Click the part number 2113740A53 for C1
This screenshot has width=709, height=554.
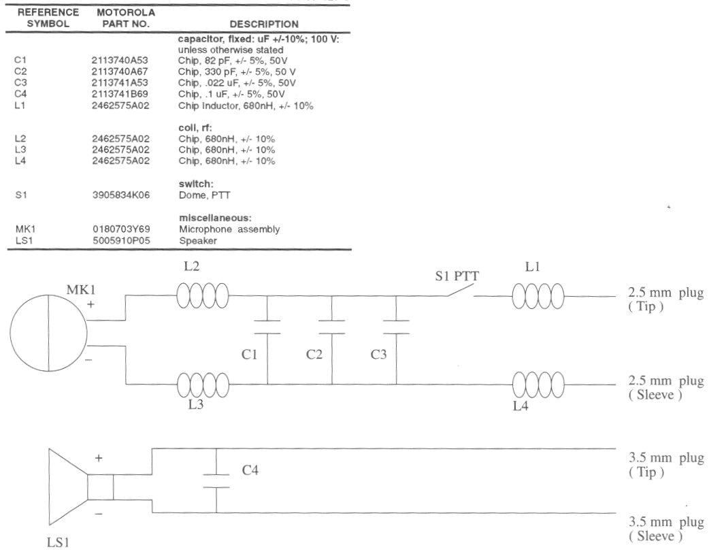[x=120, y=60]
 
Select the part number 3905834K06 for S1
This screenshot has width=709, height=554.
[x=120, y=195]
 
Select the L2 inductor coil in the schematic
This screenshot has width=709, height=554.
[x=202, y=296]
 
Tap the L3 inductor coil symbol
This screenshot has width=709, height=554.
[x=202, y=385]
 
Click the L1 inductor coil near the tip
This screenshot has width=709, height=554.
[x=538, y=296]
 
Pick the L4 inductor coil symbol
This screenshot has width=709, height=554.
[x=538, y=384]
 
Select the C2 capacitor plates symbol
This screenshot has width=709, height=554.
[x=332, y=326]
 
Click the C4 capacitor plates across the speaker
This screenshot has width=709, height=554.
[x=216, y=480]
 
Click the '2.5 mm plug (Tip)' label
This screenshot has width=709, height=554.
[x=664, y=299]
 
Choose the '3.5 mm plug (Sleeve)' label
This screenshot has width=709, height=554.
[x=664, y=530]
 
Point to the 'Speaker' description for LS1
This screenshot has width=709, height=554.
[x=195, y=240]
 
